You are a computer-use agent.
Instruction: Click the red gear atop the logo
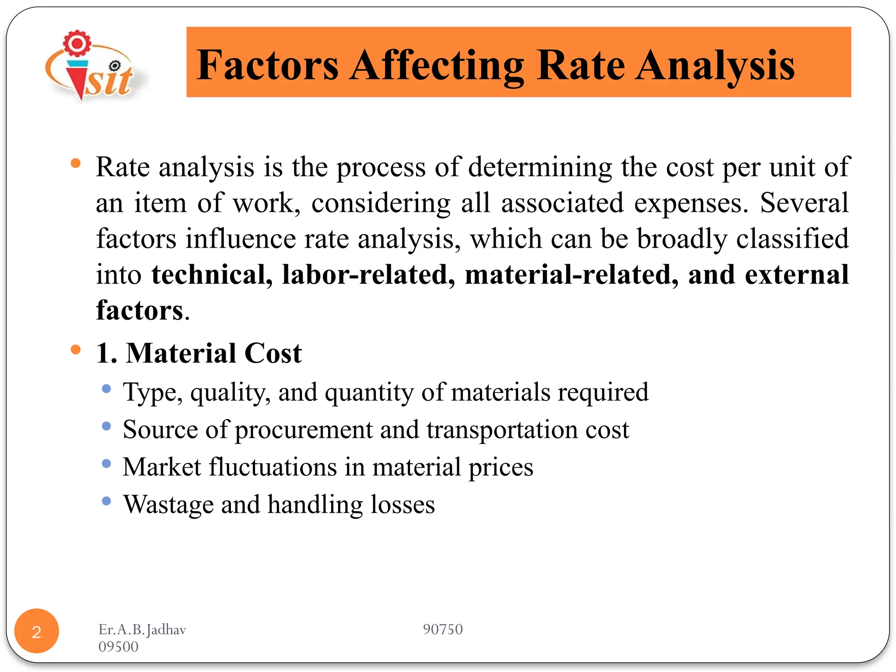(x=77, y=43)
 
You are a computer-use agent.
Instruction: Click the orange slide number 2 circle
(x=37, y=631)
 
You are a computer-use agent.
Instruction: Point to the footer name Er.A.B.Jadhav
(x=142, y=630)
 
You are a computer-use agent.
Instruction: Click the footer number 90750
(x=442, y=629)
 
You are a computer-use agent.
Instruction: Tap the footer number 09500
(x=118, y=647)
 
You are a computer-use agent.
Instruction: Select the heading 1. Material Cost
(x=199, y=353)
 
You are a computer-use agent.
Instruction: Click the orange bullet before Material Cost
(x=76, y=350)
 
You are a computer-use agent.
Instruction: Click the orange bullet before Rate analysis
(x=76, y=164)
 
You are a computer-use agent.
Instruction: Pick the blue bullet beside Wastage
(x=106, y=501)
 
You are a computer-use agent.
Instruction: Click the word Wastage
(x=168, y=504)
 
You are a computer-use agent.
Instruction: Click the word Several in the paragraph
(x=804, y=203)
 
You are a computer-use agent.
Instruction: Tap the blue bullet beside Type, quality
(x=106, y=388)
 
